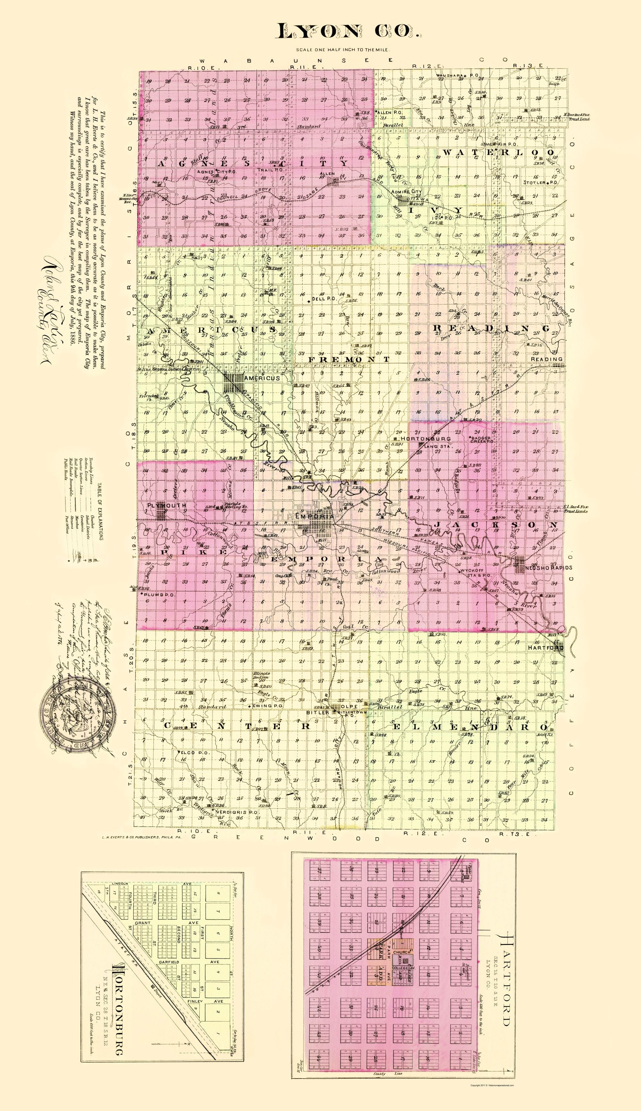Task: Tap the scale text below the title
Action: [343, 50]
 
